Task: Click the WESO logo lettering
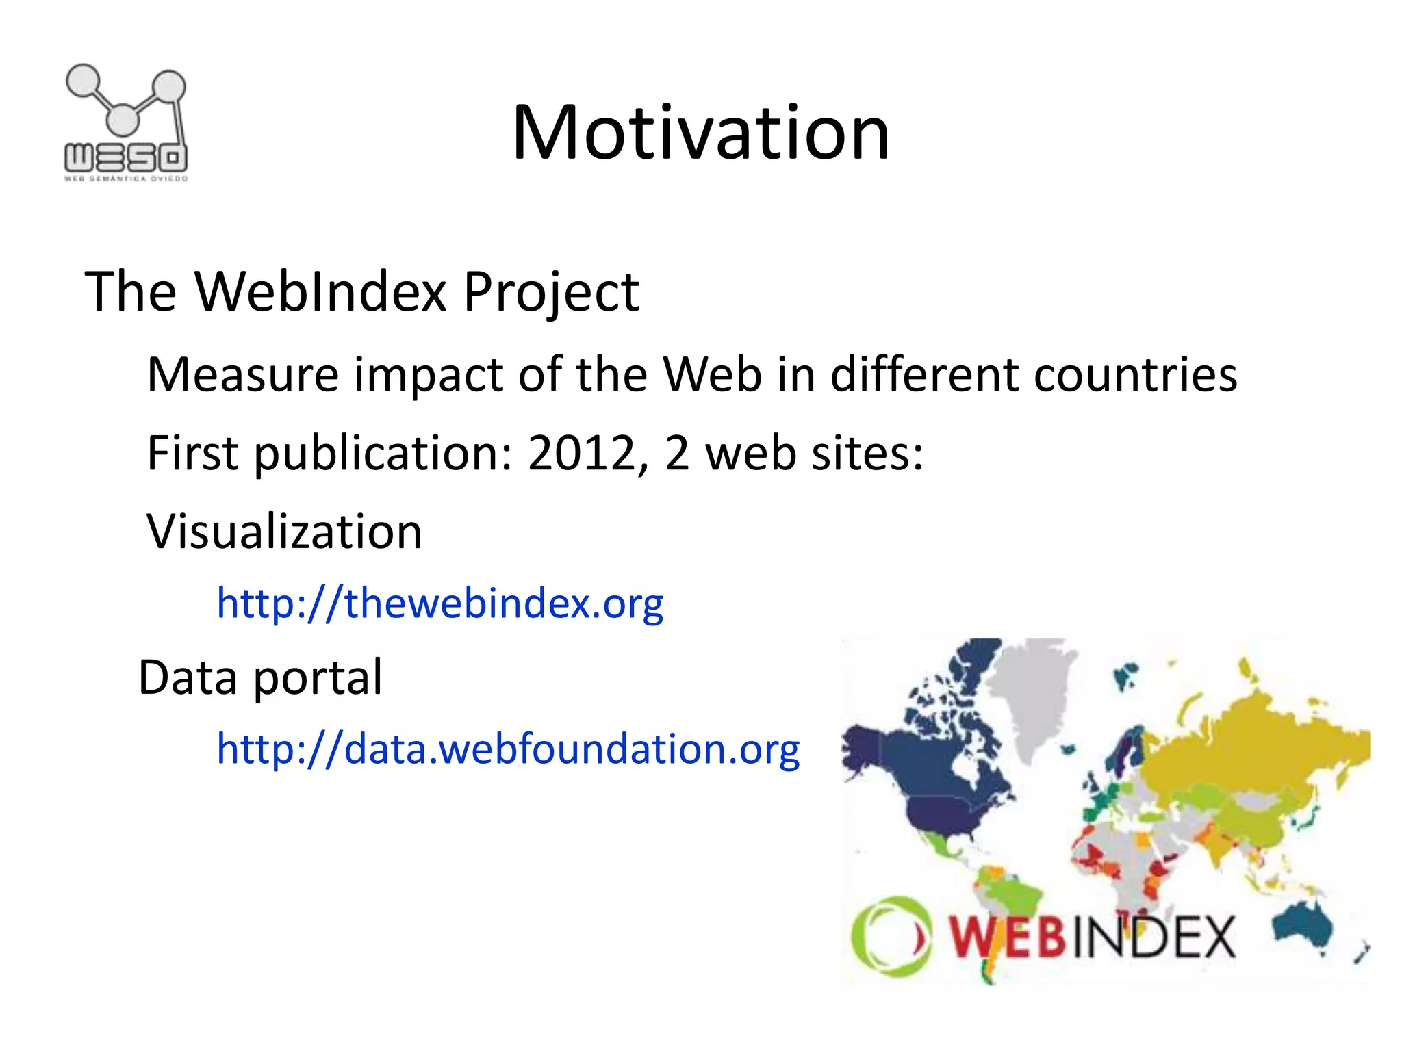(x=126, y=159)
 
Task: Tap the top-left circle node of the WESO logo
(x=83, y=81)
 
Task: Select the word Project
(x=550, y=293)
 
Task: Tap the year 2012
(x=582, y=453)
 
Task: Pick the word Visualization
(x=284, y=532)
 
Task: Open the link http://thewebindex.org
(x=439, y=604)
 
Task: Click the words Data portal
(x=260, y=677)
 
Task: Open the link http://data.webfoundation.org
(x=508, y=749)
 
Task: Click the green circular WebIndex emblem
(x=889, y=936)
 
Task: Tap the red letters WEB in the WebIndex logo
(x=1006, y=937)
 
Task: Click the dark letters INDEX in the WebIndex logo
(x=1154, y=937)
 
